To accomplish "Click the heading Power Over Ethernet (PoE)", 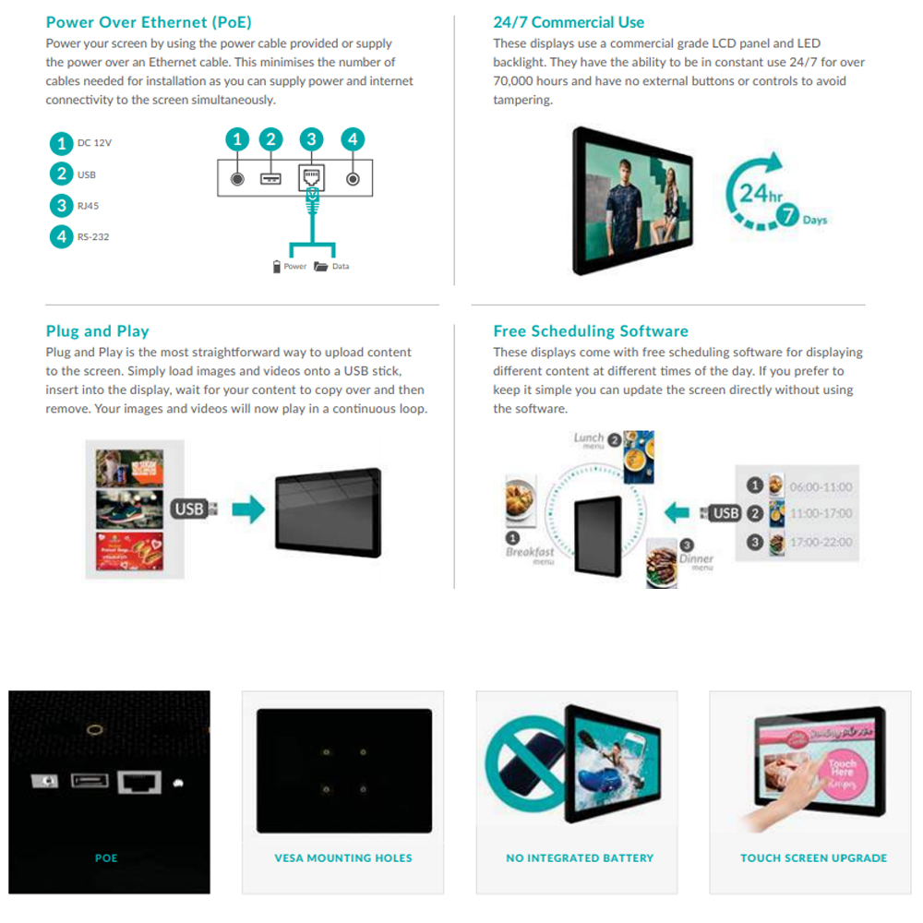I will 149,22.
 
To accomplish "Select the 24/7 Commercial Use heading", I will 569,22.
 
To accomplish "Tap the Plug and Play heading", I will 97,331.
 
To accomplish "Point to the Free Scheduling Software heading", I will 591,331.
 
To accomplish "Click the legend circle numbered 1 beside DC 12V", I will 61,143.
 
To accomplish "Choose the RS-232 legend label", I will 93,237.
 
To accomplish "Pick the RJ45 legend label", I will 89,206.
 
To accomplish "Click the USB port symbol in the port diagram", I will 270,177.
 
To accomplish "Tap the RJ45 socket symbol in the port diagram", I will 311,176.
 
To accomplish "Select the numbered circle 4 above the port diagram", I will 352,139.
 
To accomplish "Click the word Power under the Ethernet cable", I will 295,267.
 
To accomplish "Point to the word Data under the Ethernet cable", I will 341,267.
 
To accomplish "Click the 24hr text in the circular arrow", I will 761,194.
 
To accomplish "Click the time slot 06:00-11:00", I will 821,486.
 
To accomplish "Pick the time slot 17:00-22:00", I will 821,542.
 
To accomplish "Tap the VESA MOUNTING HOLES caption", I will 343,858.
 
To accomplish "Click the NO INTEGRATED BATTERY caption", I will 580,858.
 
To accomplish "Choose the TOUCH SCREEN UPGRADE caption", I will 813,858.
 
